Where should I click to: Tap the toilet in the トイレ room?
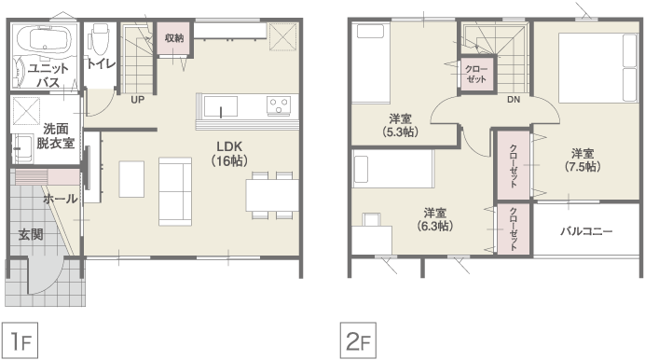(x=99, y=38)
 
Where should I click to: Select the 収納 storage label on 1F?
(x=174, y=38)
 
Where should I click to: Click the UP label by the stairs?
(x=137, y=100)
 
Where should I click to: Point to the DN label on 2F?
(x=514, y=99)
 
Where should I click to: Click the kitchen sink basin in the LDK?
(x=221, y=107)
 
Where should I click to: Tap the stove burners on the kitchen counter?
(x=279, y=105)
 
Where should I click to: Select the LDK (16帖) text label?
(x=229, y=154)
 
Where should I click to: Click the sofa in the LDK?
(x=175, y=191)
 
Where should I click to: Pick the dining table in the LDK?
(x=272, y=196)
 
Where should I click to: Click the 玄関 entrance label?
(x=31, y=235)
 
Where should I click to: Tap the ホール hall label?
(x=60, y=200)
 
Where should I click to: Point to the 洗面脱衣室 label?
(x=56, y=136)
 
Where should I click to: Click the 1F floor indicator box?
(x=21, y=340)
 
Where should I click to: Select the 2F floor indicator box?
(x=358, y=340)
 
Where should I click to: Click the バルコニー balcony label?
(x=586, y=231)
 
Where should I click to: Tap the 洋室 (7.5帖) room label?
(x=583, y=160)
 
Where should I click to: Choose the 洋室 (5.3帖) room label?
(x=400, y=126)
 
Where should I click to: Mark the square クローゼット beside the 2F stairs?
(x=476, y=74)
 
